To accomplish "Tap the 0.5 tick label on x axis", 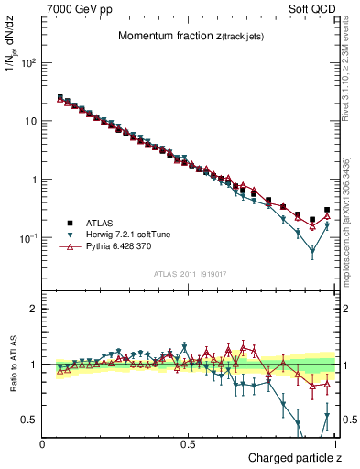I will click(x=188, y=444).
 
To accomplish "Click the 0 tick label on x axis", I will click(x=43, y=444).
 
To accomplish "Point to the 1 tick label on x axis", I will click(x=333, y=444).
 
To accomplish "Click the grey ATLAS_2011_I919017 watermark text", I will click(x=189, y=273).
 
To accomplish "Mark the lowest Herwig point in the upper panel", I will click(x=312, y=250).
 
